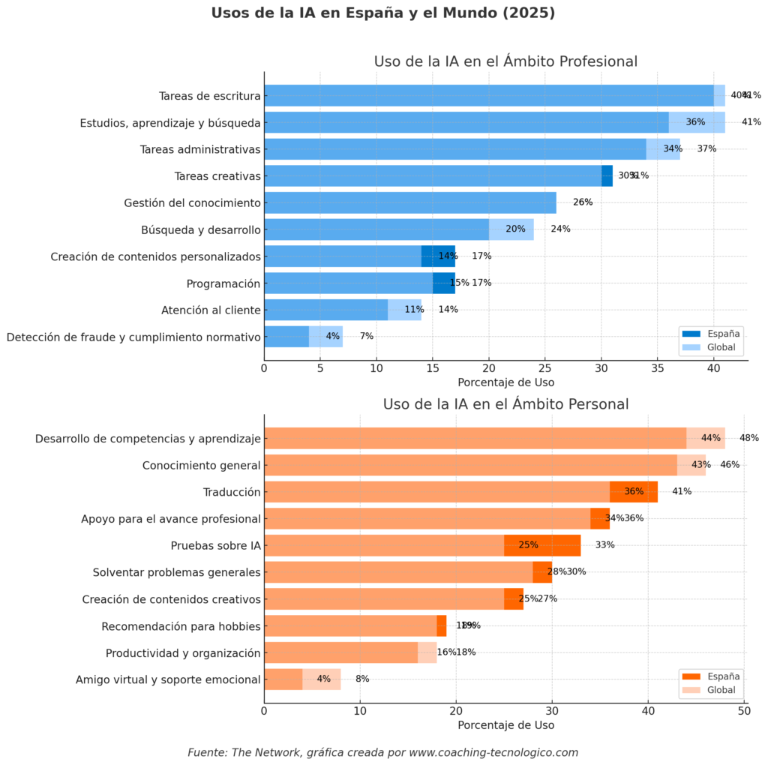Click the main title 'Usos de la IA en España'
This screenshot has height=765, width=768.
[x=383, y=13]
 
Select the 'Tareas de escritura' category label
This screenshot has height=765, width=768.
[x=210, y=96]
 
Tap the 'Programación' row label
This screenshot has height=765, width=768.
[x=223, y=283]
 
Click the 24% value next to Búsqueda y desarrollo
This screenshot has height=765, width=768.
[x=560, y=229]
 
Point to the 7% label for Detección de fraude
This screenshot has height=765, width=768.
[x=367, y=337]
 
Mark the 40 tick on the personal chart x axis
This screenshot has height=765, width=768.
[x=649, y=711]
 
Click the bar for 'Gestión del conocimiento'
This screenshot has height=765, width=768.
[x=410, y=202]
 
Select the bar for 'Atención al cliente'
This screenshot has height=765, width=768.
[x=343, y=310]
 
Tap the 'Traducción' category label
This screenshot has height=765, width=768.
[x=232, y=492]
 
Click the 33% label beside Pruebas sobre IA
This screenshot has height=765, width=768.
[x=604, y=545]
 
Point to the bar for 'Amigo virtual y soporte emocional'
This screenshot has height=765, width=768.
[x=302, y=679]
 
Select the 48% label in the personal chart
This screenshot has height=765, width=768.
[x=749, y=438]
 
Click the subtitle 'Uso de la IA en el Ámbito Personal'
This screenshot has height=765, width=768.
[x=505, y=404]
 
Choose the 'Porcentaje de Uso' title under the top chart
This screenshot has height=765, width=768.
[x=505, y=382]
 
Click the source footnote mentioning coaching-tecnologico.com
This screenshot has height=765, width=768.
[x=383, y=752]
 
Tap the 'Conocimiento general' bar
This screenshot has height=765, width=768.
[x=484, y=465]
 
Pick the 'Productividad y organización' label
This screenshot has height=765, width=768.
[x=183, y=652]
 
